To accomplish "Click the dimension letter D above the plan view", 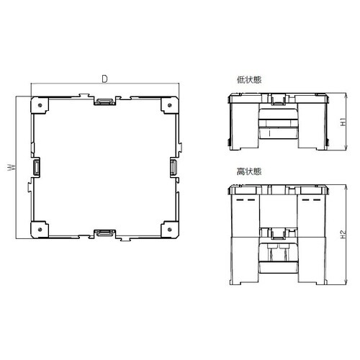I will coord(105,78).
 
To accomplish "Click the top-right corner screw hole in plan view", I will coord(170,104).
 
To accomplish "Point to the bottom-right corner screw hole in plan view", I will coord(170,230).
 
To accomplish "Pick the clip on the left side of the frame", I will coord(37,168).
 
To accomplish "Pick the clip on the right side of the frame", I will coord(174,168).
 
